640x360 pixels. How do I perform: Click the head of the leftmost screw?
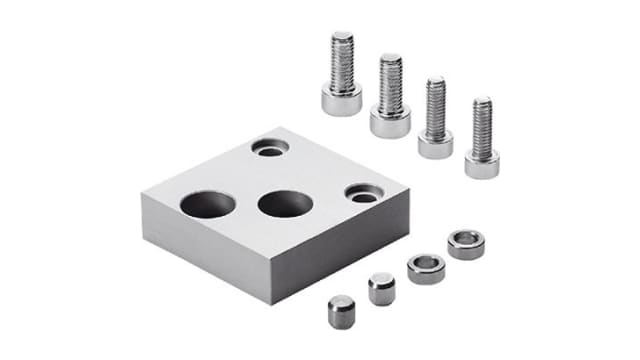tap(341, 100)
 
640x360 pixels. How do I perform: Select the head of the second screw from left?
tap(390, 122)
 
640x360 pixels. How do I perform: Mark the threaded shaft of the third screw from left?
tap(435, 105)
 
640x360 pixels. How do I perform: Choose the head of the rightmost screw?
tap(482, 163)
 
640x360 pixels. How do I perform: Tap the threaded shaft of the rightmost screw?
tap(482, 124)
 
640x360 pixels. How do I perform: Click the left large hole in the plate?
tap(208, 206)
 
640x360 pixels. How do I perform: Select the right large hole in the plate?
tap(282, 203)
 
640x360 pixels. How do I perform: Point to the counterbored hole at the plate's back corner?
tap(270, 148)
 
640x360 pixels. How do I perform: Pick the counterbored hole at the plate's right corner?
tap(363, 192)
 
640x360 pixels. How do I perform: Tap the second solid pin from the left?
tap(381, 289)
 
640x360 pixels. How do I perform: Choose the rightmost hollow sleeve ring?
tap(465, 243)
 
